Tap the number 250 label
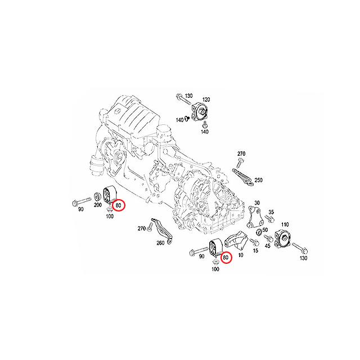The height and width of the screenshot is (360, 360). point(259,180)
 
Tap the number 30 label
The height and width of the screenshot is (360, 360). point(257,202)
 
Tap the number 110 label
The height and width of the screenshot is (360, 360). point(285,224)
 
